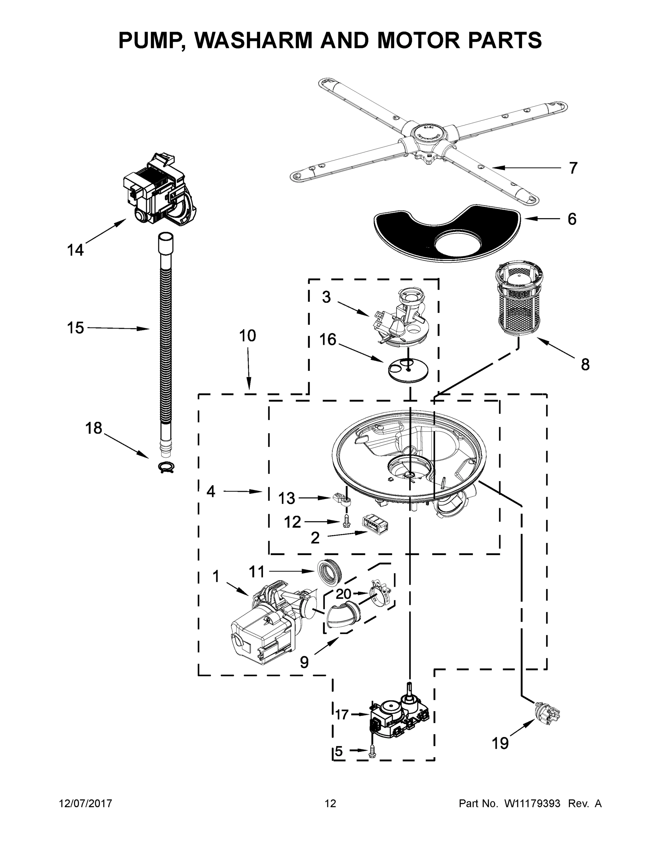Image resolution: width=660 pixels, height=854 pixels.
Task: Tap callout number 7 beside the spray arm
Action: tap(572, 168)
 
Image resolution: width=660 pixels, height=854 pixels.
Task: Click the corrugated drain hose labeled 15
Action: tap(166, 332)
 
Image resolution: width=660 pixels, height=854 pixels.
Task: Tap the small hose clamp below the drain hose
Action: tap(166, 467)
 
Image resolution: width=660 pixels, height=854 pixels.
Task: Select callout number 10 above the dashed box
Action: tap(247, 336)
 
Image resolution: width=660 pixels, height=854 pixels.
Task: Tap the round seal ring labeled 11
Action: tap(329, 574)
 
